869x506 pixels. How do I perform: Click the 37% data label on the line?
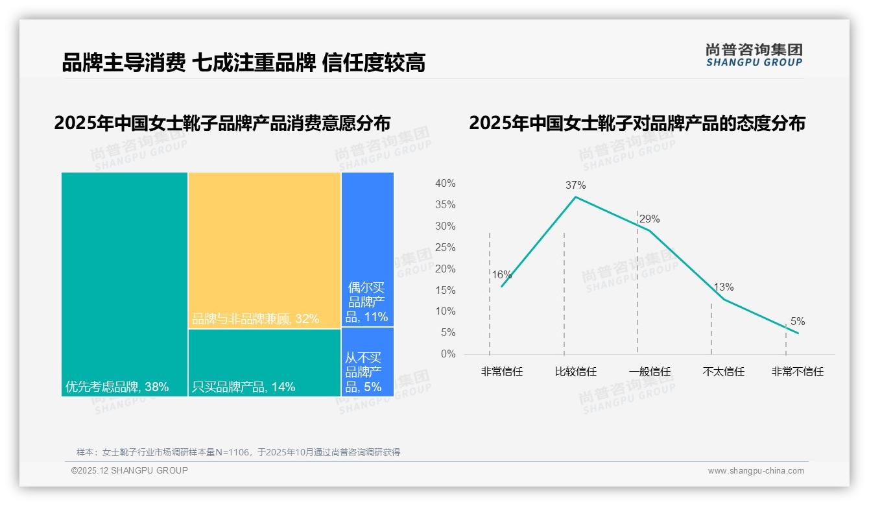coord(575,185)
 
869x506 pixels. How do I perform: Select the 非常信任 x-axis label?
coord(501,372)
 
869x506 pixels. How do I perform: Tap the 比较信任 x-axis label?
coord(575,372)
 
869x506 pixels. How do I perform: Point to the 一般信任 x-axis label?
coord(649,372)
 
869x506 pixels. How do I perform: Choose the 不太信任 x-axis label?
coord(723,372)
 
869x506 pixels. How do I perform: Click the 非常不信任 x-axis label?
coord(797,372)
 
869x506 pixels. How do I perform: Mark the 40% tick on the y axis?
coord(445,184)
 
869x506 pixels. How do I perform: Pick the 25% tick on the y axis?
coord(445,247)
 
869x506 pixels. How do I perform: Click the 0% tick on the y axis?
coord(447,354)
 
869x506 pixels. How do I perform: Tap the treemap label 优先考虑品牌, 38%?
coord(117,387)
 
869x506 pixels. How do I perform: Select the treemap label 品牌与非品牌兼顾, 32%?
coord(256,319)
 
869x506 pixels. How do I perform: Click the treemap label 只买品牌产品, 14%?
coord(243,387)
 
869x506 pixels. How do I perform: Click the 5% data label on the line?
coord(797,322)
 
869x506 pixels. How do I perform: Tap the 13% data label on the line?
coord(723,287)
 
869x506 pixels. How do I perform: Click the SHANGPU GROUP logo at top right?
coord(754,55)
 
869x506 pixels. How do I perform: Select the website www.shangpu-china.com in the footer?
coord(756,471)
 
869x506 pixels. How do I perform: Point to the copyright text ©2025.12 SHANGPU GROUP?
coord(130,471)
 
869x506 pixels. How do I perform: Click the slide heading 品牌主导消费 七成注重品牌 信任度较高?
coord(243,63)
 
